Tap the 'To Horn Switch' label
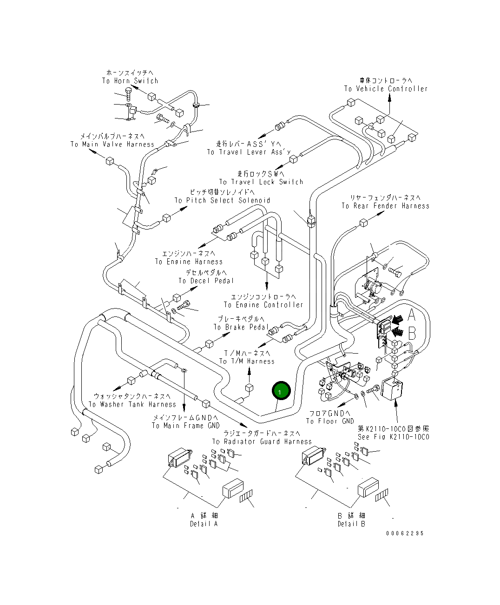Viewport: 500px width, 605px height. pyautogui.click(x=130, y=81)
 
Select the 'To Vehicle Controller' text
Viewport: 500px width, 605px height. pyautogui.click(x=386, y=89)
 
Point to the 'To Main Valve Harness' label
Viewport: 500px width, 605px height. pyautogui.click(x=112, y=145)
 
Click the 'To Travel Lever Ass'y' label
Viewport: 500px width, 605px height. pyautogui.click(x=249, y=152)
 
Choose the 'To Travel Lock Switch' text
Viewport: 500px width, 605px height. pyautogui.click(x=261, y=182)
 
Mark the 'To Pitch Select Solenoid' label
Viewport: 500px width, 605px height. pyautogui.click(x=222, y=201)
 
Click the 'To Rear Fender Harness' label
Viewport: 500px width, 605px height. pyautogui.click(x=385, y=206)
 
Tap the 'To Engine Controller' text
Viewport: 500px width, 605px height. pyautogui.click(x=263, y=305)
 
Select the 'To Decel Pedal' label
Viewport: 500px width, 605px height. pyautogui.click(x=206, y=281)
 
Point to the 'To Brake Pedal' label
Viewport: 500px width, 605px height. pyautogui.click(x=241, y=327)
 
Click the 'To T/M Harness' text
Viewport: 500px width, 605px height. pyautogui.click(x=247, y=362)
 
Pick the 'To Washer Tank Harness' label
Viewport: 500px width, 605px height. pyautogui.click(x=132, y=405)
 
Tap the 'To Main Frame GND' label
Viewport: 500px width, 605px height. pyautogui.click(x=185, y=426)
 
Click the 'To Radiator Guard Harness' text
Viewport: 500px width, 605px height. pyautogui.click(x=262, y=442)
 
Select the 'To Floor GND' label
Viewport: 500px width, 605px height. pyautogui.click(x=330, y=421)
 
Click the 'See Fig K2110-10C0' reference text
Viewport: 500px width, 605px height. pyautogui.click(x=393, y=437)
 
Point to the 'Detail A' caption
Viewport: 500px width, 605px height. pyautogui.click(x=204, y=524)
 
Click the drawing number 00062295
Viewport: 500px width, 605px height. pyautogui.click(x=405, y=533)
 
